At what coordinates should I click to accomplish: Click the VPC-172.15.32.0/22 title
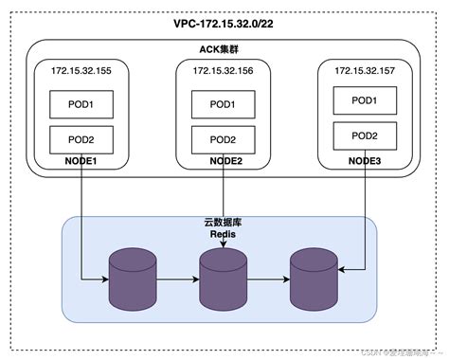(224, 23)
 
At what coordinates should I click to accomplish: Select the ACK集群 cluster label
(224, 49)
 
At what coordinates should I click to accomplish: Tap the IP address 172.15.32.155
(81, 70)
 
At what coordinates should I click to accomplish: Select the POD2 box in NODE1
(81, 138)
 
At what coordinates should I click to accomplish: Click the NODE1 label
(81, 161)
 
